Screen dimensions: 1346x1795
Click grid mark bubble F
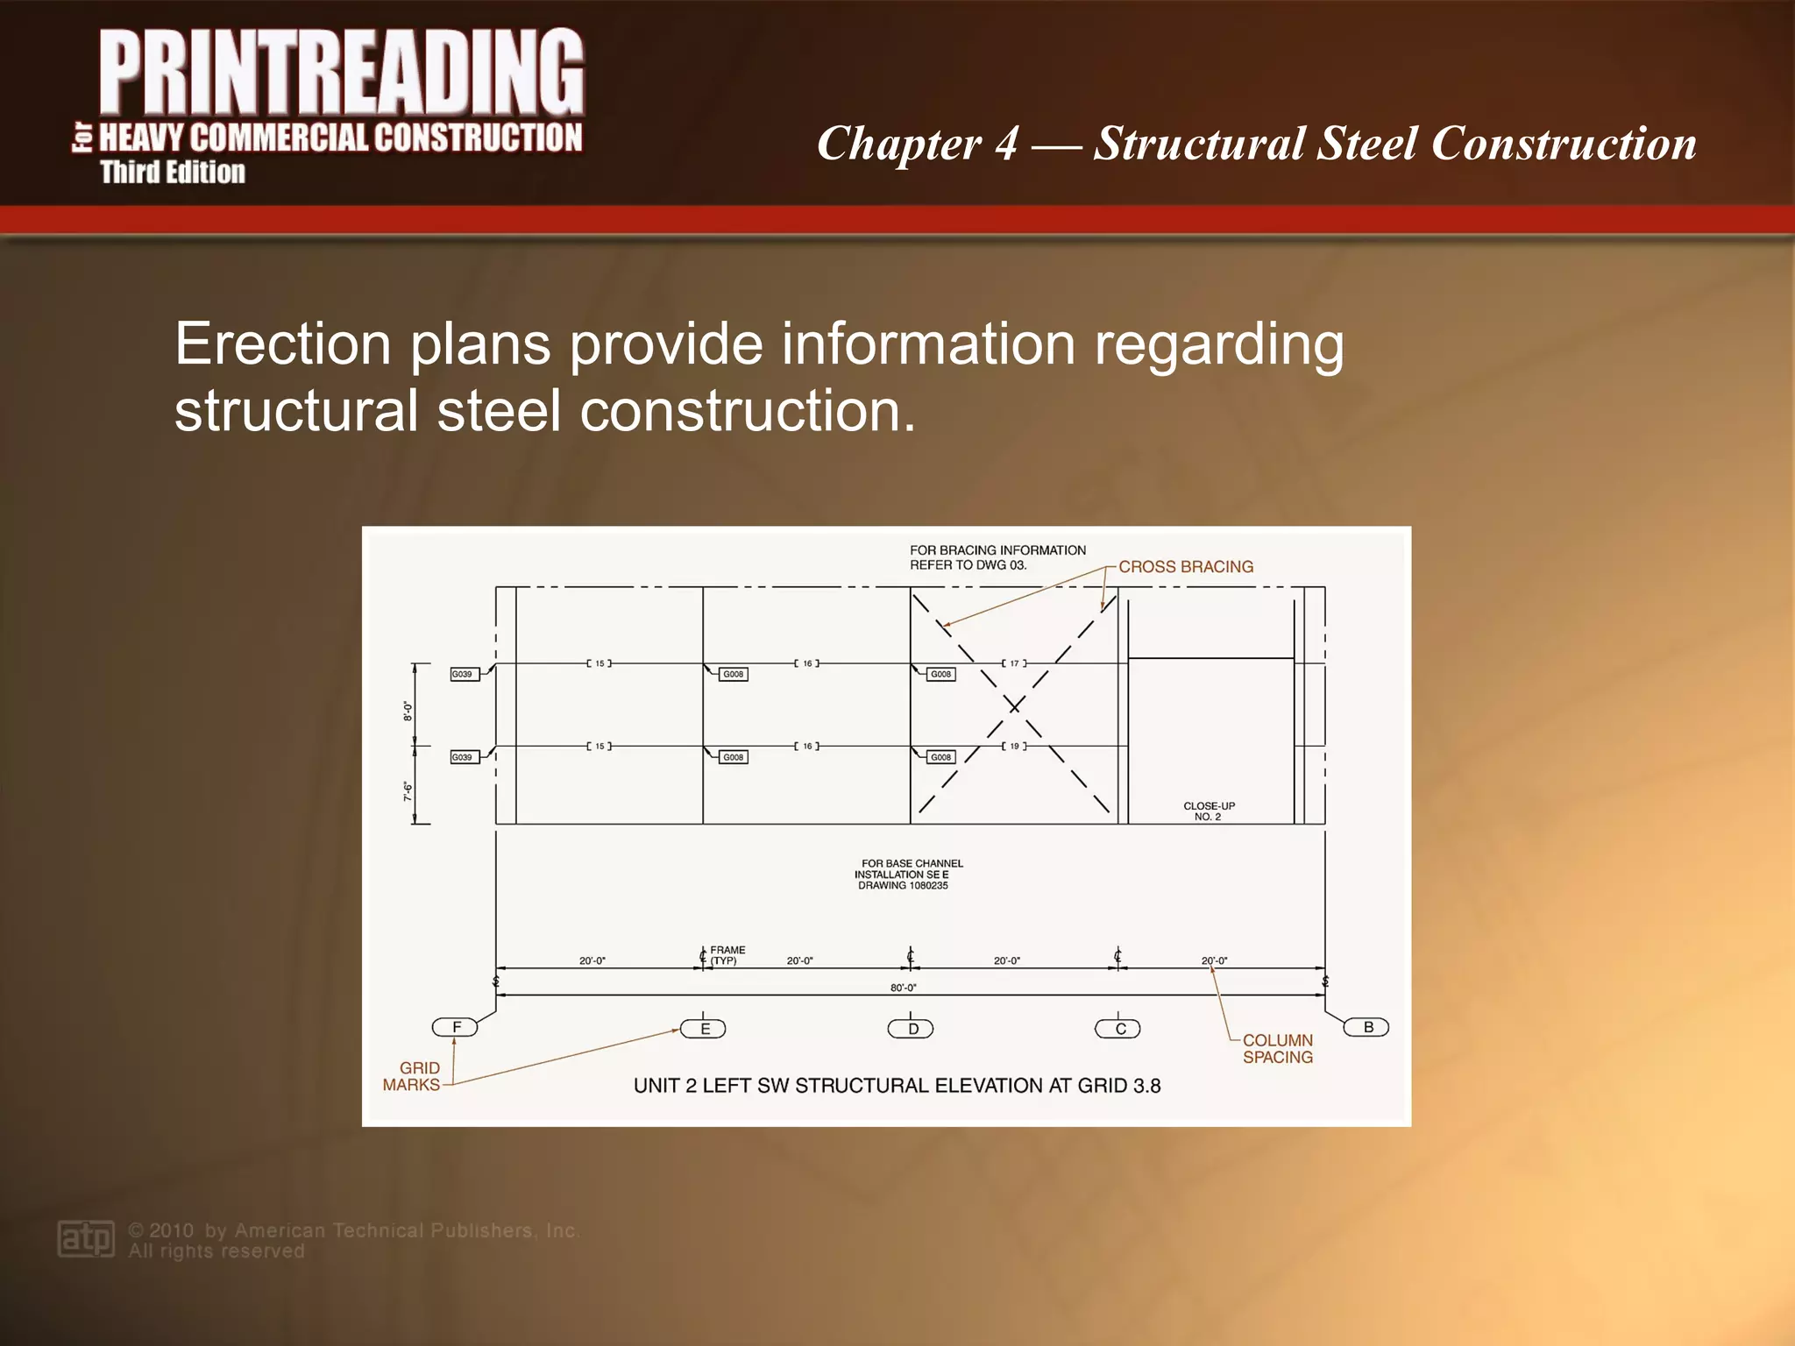pyautogui.click(x=455, y=1027)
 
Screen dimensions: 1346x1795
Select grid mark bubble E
pyautogui.click(x=704, y=1029)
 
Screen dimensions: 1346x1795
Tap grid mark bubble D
pyautogui.click(x=912, y=1029)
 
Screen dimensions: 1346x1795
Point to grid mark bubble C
pyautogui.click(x=1118, y=1029)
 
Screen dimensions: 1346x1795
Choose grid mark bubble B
pyautogui.click(x=1367, y=1027)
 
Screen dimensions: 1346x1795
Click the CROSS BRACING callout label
pyautogui.click(x=1186, y=567)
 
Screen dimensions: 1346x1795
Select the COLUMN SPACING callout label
pyautogui.click(x=1278, y=1049)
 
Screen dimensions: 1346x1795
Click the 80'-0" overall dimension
pyautogui.click(x=904, y=988)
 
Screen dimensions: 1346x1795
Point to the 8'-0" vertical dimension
pyautogui.click(x=408, y=710)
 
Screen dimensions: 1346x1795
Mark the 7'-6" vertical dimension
pyautogui.click(x=408, y=791)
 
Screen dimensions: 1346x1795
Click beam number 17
pyautogui.click(x=1014, y=663)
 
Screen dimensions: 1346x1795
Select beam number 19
pyautogui.click(x=1014, y=747)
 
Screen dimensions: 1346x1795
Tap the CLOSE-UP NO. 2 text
pyautogui.click(x=1209, y=811)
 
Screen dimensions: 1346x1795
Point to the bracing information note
pyautogui.click(x=997, y=557)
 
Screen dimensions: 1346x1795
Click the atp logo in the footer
pyautogui.click(x=86, y=1239)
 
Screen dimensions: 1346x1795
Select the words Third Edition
pyautogui.click(x=173, y=173)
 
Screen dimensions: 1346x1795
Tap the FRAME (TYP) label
pyautogui.click(x=727, y=955)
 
